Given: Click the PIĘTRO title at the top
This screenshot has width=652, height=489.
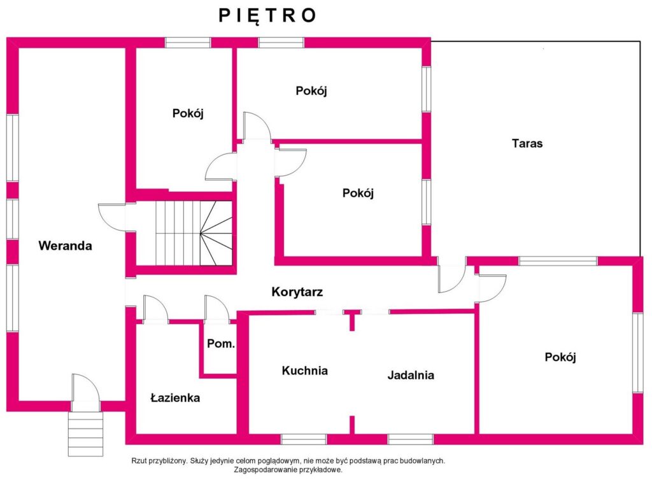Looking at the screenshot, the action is click(x=267, y=16).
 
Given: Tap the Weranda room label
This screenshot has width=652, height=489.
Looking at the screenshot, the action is click(x=66, y=245).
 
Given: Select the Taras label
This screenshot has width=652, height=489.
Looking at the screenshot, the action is click(x=527, y=143).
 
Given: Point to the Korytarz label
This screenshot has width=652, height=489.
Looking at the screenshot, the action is click(x=297, y=292).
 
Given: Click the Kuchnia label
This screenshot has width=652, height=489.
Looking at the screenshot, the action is click(x=305, y=371).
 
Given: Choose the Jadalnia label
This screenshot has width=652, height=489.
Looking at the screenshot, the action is click(x=411, y=375).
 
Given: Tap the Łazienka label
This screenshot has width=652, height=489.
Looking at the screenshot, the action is click(x=175, y=398).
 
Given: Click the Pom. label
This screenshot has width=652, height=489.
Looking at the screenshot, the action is click(x=221, y=344).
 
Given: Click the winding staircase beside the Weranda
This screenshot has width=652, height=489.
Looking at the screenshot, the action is click(x=194, y=233).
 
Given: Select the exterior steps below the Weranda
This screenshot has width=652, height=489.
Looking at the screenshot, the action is click(x=86, y=434).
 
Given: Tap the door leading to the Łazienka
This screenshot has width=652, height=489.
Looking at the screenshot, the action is click(x=155, y=309).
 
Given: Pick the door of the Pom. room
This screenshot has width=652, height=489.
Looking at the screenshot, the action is click(x=216, y=309).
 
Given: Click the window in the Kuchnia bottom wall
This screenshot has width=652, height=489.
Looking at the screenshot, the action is click(x=304, y=439).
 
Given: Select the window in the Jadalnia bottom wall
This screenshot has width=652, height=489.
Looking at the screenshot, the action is click(x=411, y=439).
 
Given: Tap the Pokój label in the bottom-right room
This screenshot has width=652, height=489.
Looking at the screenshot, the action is click(x=560, y=357).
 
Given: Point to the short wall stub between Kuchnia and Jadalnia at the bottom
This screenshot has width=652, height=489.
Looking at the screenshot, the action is click(x=351, y=425).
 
